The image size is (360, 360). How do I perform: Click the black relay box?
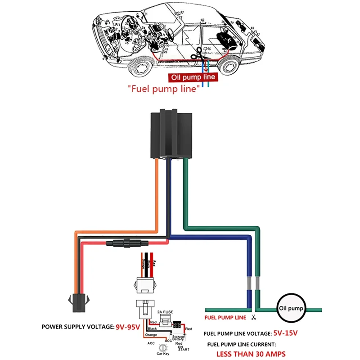point(171,134)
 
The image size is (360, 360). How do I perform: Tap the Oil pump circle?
point(292,309)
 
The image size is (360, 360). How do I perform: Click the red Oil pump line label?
point(193,77)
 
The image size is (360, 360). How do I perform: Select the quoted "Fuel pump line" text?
point(163,89)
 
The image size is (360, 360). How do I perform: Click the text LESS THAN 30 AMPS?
point(251,354)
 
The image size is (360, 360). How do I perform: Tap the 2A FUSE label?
point(165,311)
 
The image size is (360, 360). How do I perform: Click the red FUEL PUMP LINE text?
point(225,318)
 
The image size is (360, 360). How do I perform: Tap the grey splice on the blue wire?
point(249,283)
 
